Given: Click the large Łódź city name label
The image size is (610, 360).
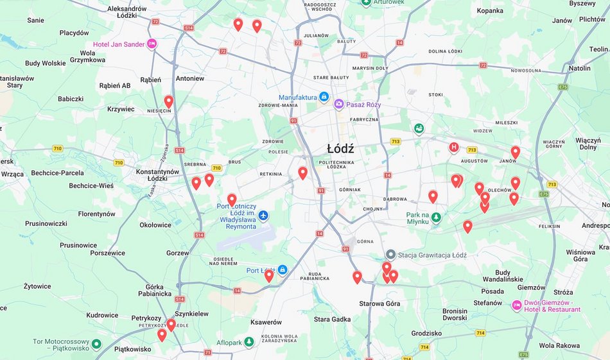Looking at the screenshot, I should tap(340, 149).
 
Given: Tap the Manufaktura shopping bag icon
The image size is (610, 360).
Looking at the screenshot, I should tap(324, 98).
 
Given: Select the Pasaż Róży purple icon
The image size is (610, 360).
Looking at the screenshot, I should tap(338, 105).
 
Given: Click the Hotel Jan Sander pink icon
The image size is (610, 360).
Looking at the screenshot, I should tap(152, 44).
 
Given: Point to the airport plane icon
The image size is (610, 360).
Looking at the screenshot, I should tap(263, 214).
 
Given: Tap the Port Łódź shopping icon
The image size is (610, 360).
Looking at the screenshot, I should tap(283, 270).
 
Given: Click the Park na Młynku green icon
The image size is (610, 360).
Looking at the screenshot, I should tap(436, 218).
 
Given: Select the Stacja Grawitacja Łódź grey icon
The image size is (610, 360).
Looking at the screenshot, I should tap(390, 255).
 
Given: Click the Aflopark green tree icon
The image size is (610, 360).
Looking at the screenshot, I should tap(249, 343).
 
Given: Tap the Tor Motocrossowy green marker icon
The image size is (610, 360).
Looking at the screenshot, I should tap(96, 345).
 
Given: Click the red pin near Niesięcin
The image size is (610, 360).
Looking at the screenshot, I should tap(169, 101).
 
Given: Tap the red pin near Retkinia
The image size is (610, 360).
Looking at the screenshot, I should tap(303, 173).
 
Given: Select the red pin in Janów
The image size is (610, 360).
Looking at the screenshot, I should tap(515, 152).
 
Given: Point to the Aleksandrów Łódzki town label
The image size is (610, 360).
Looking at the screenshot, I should tap(127, 12).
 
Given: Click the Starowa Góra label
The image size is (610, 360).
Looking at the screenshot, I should tap(379, 304).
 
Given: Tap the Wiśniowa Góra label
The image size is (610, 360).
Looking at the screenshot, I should tap(581, 255).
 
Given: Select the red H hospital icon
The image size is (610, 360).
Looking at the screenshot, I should tap(454, 148).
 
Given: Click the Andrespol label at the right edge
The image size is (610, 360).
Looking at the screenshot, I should tap(595, 226).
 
